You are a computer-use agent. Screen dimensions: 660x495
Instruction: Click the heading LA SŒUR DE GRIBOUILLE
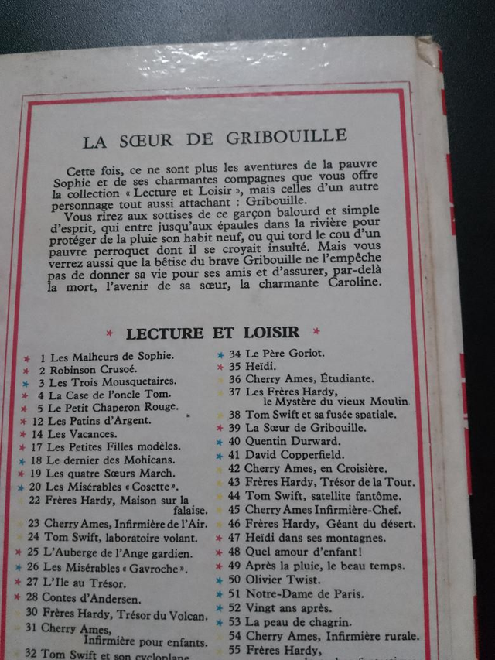(x=214, y=139)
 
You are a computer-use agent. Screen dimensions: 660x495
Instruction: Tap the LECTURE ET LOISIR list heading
(x=213, y=333)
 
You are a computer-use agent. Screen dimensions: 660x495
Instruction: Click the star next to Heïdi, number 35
(x=220, y=366)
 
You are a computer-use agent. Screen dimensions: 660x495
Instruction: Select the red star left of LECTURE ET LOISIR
(x=110, y=333)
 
